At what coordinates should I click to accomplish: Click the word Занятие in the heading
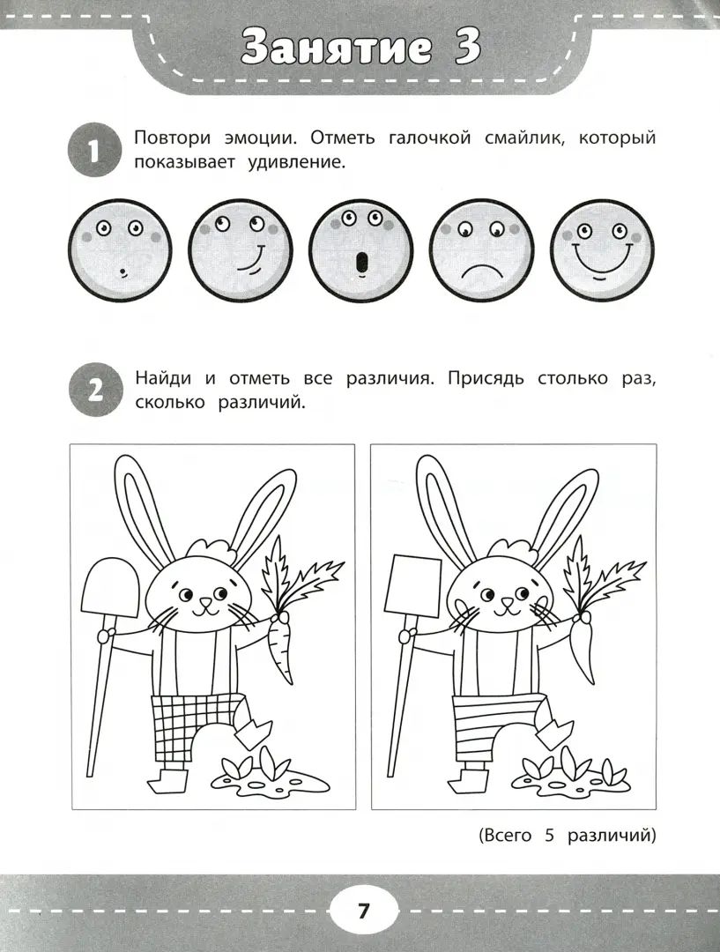pyautogui.click(x=333, y=49)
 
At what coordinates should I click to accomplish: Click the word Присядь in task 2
pyautogui.click(x=489, y=379)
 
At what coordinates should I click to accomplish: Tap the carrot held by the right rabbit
pyautogui.click(x=583, y=648)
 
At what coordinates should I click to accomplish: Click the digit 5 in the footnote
pyautogui.click(x=547, y=835)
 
